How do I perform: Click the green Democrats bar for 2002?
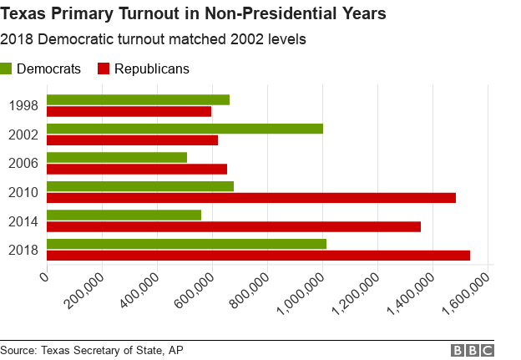[x=185, y=129]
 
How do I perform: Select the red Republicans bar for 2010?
[x=251, y=198]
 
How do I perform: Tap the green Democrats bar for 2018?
[x=186, y=244]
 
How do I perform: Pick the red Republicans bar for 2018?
[x=258, y=256]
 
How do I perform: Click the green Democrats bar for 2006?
[x=117, y=157]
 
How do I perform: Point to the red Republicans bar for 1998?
[x=129, y=111]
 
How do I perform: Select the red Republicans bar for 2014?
[x=234, y=226]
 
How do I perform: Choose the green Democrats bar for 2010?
[x=140, y=186]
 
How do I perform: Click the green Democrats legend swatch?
[x=7, y=68]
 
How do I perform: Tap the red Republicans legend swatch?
[x=104, y=68]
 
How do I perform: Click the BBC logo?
[x=473, y=350]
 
